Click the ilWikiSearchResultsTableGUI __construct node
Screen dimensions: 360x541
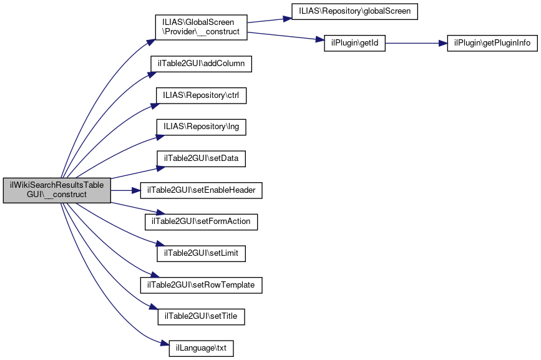57,190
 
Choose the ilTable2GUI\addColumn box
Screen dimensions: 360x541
201,64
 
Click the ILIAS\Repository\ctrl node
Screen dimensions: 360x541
201,95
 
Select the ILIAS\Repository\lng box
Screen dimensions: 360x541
201,127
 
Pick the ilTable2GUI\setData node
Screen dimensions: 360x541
201,158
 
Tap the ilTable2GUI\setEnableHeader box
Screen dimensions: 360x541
201,190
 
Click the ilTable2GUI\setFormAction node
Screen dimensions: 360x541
201,221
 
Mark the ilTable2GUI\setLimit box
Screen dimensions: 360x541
201,253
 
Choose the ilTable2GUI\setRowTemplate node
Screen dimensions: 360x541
201,285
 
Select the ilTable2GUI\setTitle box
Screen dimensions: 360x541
201,316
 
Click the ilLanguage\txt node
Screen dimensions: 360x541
201,348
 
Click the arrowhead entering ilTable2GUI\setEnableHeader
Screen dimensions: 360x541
136,190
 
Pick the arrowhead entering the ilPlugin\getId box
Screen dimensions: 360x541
320,41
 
